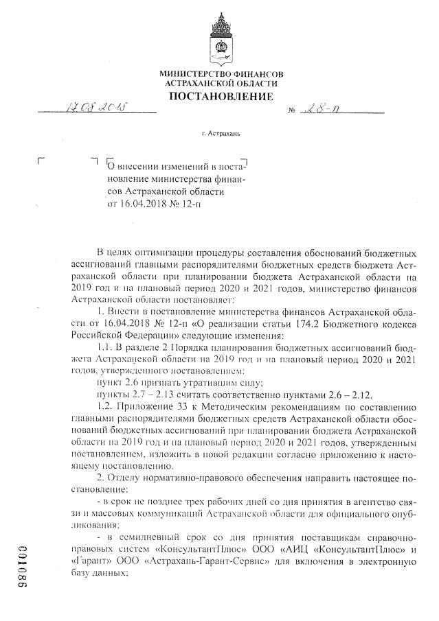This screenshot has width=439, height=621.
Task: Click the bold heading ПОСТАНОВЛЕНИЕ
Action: tap(221, 95)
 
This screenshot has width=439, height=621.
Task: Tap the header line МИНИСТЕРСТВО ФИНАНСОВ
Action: tap(221, 73)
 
